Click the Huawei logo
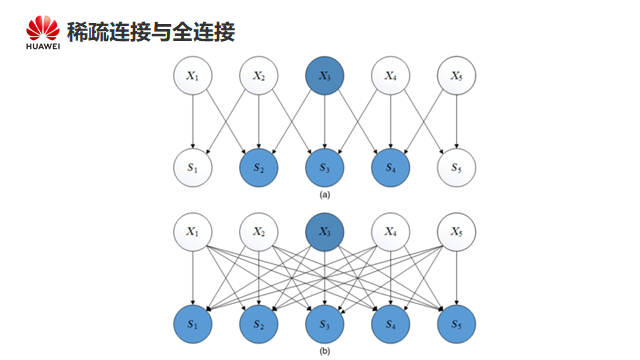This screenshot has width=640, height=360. point(43,32)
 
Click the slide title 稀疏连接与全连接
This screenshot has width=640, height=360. point(151,32)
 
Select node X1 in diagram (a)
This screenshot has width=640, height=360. point(193,76)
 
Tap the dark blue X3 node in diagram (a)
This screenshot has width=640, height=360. point(324,76)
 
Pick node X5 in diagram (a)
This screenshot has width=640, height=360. point(456,76)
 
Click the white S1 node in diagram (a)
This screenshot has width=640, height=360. point(193,168)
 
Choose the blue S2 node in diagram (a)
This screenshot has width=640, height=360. point(258,168)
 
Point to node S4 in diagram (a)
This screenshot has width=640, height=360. point(391,168)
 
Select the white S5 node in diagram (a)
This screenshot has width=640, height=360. point(456,168)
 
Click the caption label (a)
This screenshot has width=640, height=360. point(324,195)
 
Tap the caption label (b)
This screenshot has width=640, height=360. point(324,351)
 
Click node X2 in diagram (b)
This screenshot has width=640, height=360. point(258,232)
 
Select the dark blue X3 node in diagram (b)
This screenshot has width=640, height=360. point(324,232)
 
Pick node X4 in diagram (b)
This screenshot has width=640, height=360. point(391,232)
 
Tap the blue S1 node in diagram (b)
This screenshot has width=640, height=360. point(193,324)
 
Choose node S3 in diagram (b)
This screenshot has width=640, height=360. point(324,324)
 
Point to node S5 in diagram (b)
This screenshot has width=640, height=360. point(456,324)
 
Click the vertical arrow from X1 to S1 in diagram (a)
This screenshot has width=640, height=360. point(193,122)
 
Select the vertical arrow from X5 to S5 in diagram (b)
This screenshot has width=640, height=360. point(456,278)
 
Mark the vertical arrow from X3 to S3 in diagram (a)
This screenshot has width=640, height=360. point(324,122)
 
